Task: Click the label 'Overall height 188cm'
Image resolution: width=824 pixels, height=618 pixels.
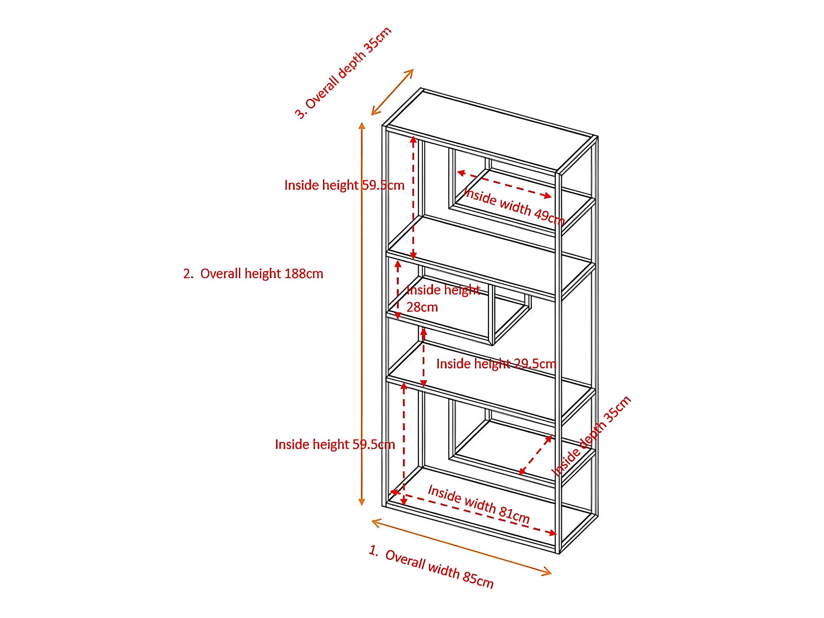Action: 261,274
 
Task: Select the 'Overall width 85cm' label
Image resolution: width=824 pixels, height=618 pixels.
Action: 439,569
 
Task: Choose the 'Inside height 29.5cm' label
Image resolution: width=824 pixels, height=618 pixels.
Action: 496,364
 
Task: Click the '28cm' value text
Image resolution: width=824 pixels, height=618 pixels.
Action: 422,307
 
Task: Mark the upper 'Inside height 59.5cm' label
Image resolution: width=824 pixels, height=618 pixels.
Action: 344,185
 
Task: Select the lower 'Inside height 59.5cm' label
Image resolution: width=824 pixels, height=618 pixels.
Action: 335,445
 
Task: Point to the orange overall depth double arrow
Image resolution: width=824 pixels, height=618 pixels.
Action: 392,92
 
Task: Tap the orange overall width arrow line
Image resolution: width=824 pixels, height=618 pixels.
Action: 461,547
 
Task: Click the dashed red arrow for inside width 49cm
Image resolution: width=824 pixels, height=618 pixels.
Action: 504,184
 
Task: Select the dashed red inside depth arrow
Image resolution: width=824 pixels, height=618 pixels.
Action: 535,455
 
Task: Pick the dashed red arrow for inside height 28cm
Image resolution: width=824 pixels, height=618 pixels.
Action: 398,290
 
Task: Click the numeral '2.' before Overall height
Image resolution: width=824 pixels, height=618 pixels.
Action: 188,274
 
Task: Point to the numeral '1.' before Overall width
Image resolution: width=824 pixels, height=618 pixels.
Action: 374,550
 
